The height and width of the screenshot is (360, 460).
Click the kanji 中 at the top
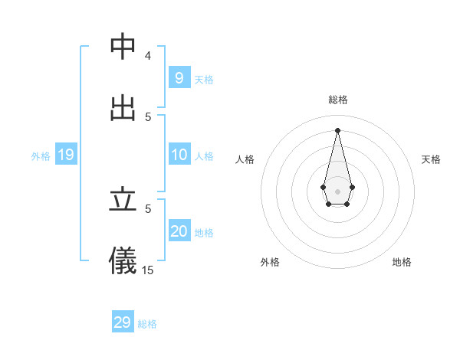[123, 47]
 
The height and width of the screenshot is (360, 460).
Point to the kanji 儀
[123, 260]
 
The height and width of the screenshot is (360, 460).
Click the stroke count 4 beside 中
[148, 56]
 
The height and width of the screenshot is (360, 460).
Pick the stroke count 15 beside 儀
[148, 270]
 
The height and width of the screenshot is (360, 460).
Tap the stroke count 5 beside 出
[148, 116]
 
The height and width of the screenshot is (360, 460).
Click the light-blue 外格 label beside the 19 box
[41, 156]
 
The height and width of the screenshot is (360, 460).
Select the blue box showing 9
[179, 77]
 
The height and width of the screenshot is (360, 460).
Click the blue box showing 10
[179, 155]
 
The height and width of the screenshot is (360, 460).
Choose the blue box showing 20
[179, 231]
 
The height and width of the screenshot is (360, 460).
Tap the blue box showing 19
[65, 155]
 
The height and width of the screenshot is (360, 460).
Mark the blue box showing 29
[123, 322]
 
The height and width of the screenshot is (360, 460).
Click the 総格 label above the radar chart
[338, 100]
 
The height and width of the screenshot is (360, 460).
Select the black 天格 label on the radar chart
[431, 159]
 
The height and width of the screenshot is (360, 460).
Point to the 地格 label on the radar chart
[402, 262]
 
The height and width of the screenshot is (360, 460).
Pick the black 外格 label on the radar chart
[270, 262]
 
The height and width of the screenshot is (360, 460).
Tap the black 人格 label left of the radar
[245, 159]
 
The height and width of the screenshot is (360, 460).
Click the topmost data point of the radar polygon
[338, 130]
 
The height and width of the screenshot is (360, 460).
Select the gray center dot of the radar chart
[338, 191]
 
